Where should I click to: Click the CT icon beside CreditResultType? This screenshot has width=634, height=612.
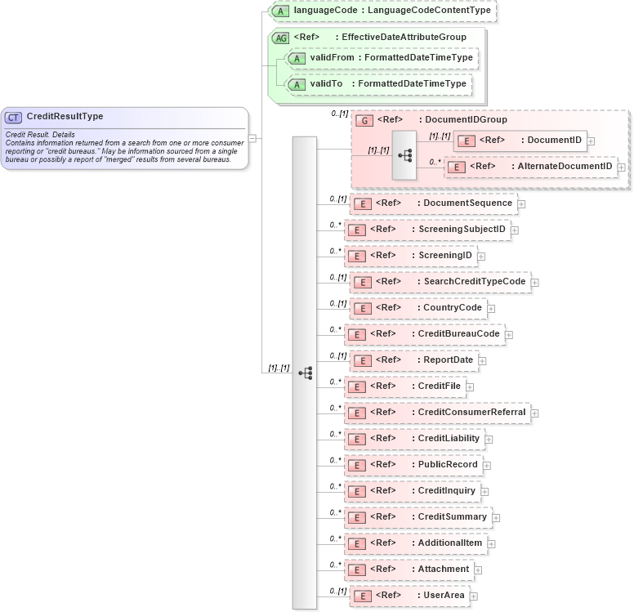15,117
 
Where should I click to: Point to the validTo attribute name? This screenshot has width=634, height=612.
327,83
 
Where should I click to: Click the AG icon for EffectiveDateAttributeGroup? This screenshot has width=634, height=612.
280,37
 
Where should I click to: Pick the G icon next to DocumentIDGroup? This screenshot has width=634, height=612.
365,120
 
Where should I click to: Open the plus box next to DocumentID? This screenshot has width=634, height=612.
591,141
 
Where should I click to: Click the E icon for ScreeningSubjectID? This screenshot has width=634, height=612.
357,230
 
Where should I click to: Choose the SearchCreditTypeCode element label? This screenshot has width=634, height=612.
474,282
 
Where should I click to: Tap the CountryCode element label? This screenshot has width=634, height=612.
452,307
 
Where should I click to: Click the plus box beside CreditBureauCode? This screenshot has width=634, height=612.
508,334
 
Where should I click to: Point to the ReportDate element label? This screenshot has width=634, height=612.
448,360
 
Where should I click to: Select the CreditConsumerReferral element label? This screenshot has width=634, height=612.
471,412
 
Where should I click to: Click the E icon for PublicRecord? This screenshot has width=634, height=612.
357,465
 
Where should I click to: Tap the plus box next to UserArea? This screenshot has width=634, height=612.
473,596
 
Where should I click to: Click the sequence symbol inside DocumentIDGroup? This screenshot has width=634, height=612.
404,154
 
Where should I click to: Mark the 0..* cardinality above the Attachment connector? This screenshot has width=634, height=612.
335,564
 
